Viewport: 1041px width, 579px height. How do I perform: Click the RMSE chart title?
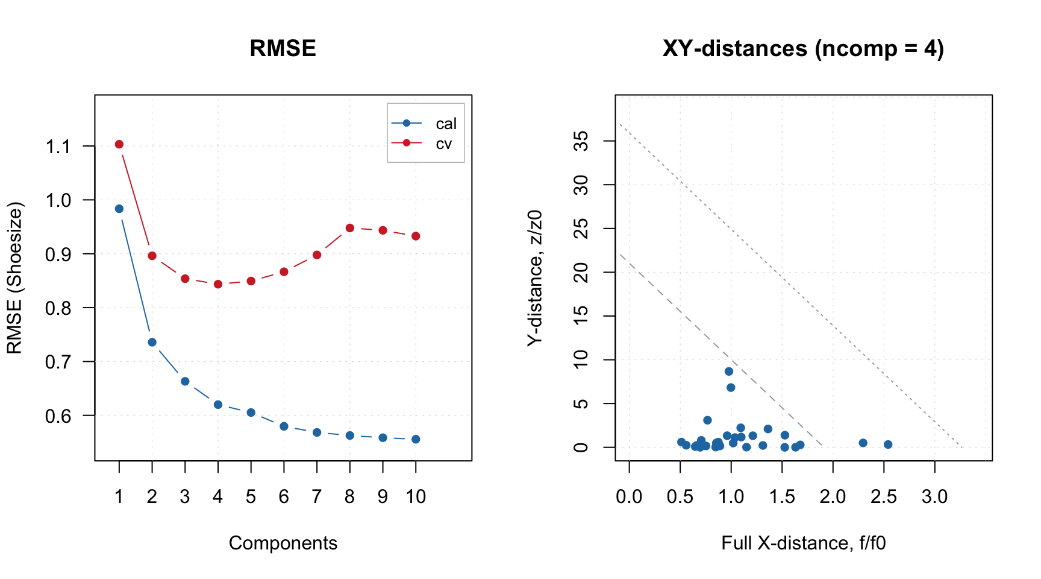pos(283,48)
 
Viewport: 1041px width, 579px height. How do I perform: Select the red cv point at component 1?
pos(119,144)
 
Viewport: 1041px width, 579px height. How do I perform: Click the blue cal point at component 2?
pos(152,342)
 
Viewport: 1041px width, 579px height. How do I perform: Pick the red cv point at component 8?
pos(350,228)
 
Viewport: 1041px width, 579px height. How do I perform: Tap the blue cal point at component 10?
pos(416,439)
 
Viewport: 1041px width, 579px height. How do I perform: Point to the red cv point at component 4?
pos(218,284)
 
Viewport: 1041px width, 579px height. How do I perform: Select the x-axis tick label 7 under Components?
pos(317,497)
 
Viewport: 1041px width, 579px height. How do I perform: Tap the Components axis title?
pos(283,543)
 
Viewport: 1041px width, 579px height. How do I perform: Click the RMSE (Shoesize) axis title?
pos(14,278)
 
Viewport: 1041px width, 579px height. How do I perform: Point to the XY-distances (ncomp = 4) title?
pos(803,48)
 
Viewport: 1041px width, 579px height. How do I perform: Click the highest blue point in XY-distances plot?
pos(729,372)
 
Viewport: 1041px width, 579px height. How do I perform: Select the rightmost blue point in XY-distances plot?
pos(888,445)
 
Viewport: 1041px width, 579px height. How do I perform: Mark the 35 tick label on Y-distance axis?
pos(581,141)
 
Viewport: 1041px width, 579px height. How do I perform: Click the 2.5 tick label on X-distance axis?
pos(884,497)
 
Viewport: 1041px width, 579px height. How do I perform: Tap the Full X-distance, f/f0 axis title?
pos(803,543)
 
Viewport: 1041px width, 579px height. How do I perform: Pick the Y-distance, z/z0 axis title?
pos(535,278)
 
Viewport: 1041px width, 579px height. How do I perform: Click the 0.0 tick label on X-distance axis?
pos(629,497)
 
